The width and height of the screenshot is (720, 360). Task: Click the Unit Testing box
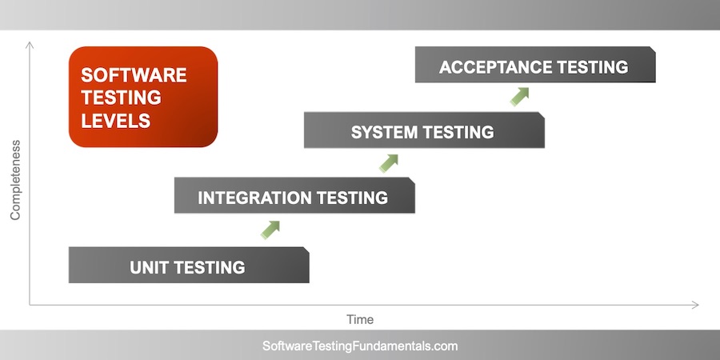(189, 266)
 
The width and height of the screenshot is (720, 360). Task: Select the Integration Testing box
(294, 196)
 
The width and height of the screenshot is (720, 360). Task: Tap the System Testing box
(424, 130)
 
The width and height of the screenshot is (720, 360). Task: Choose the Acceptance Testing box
(535, 66)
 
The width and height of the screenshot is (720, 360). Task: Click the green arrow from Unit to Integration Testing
(270, 230)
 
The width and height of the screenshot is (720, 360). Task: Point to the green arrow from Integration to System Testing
(389, 162)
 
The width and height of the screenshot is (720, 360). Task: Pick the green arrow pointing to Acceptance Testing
(520, 96)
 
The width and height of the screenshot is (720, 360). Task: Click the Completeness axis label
(14, 180)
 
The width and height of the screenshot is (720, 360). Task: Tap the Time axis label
(360, 319)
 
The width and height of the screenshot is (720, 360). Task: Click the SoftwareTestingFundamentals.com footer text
(360, 346)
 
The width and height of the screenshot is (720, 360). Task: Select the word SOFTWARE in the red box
(134, 75)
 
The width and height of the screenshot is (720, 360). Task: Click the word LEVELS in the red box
(115, 121)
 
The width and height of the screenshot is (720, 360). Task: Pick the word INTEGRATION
(254, 198)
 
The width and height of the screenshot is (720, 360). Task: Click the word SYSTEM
(385, 132)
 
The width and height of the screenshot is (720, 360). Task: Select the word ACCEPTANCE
(496, 67)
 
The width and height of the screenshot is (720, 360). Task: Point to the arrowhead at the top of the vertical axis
(30, 44)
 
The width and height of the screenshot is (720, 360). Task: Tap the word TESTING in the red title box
(121, 98)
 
